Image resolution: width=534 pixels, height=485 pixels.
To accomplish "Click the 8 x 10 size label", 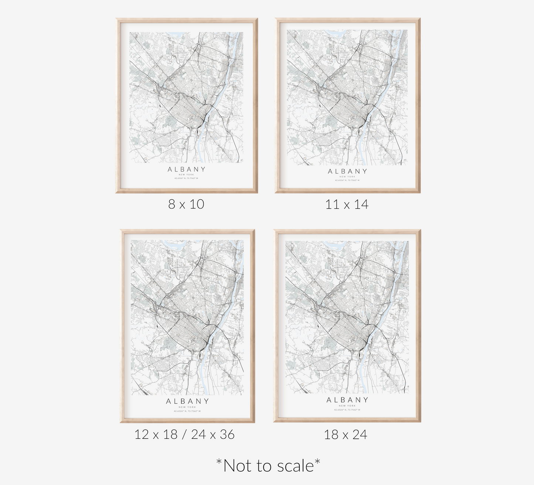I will pyautogui.click(x=186, y=204).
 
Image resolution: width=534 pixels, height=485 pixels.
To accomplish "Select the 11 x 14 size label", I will pyautogui.click(x=347, y=204).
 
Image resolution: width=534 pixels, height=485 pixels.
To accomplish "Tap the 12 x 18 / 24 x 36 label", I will pyautogui.click(x=184, y=434).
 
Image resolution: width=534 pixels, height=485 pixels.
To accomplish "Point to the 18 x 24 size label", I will pyautogui.click(x=346, y=434).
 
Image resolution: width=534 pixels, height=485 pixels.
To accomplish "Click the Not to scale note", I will pyautogui.click(x=268, y=465).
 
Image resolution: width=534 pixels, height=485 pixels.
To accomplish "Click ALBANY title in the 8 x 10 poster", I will pyautogui.click(x=186, y=169).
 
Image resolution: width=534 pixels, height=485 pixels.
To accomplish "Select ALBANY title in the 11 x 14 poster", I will pyautogui.click(x=347, y=171).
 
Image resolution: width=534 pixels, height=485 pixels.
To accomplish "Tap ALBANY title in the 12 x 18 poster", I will pyautogui.click(x=187, y=401).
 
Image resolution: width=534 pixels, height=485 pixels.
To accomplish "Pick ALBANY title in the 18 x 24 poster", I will pyautogui.click(x=347, y=400).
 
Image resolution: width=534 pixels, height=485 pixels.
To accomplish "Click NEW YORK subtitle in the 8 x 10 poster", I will pyautogui.click(x=186, y=174).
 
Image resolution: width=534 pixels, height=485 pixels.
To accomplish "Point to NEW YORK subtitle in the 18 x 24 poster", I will pyautogui.click(x=347, y=406).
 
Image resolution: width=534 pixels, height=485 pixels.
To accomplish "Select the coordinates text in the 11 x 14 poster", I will pyautogui.click(x=347, y=180).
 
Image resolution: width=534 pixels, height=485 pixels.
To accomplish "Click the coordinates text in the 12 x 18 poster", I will pyautogui.click(x=187, y=411).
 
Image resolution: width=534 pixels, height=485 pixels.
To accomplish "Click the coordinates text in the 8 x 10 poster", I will pyautogui.click(x=186, y=178).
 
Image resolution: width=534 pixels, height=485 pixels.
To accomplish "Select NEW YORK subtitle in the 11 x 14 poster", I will pyautogui.click(x=347, y=177).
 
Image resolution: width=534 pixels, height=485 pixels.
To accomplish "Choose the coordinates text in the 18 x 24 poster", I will pyautogui.click(x=347, y=410).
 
